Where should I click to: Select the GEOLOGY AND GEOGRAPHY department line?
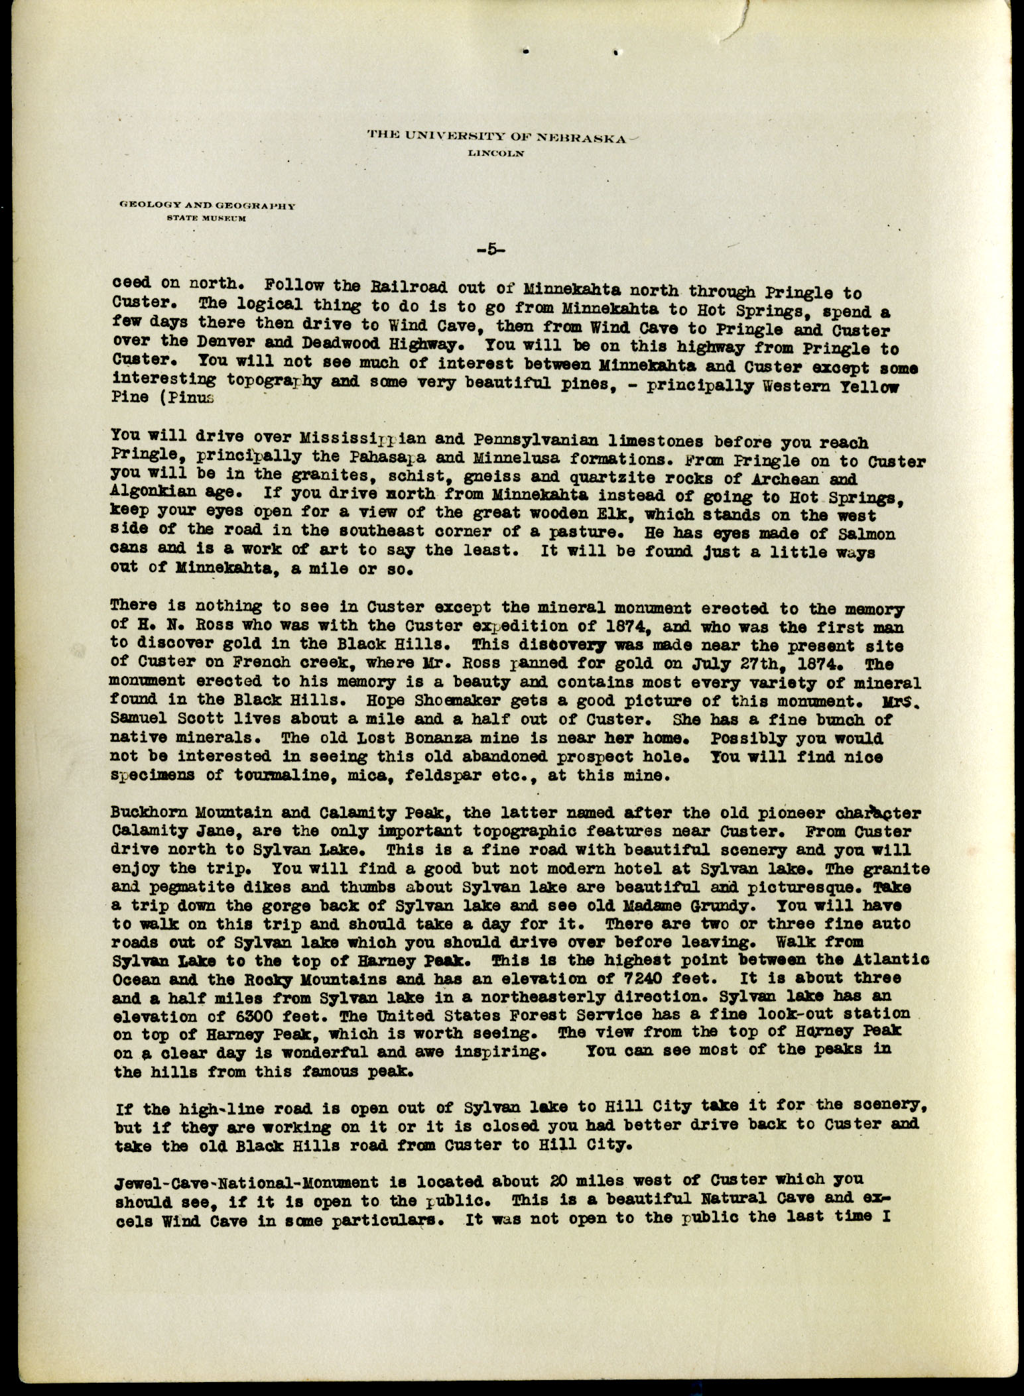coord(206,206)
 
